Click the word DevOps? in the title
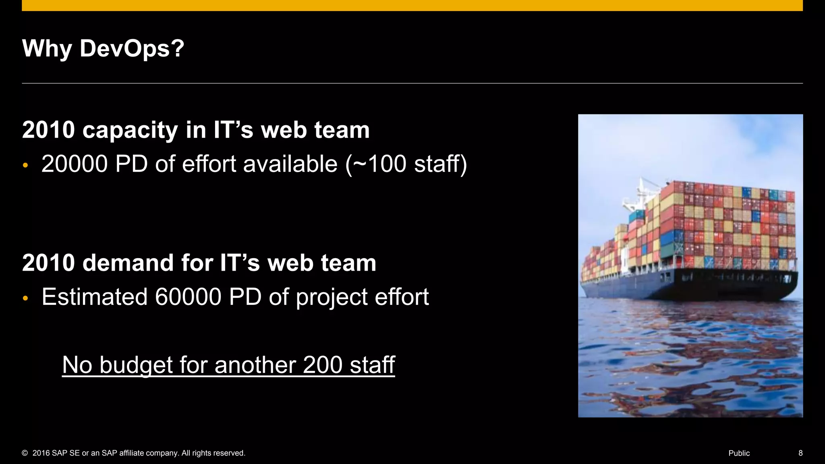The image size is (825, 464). point(132,48)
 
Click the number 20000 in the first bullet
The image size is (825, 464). point(75,164)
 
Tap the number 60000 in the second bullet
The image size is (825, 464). point(188,297)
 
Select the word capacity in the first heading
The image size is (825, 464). point(130,130)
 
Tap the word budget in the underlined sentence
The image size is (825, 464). point(136,365)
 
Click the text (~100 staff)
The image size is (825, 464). point(406,164)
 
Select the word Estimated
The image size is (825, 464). point(95,297)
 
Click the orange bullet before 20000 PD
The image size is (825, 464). point(25,165)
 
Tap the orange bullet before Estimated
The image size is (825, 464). point(25,298)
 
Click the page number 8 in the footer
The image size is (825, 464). point(800,453)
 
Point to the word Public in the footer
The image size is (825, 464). point(739,453)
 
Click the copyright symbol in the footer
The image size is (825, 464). point(25,453)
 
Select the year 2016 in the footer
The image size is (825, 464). point(41,453)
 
